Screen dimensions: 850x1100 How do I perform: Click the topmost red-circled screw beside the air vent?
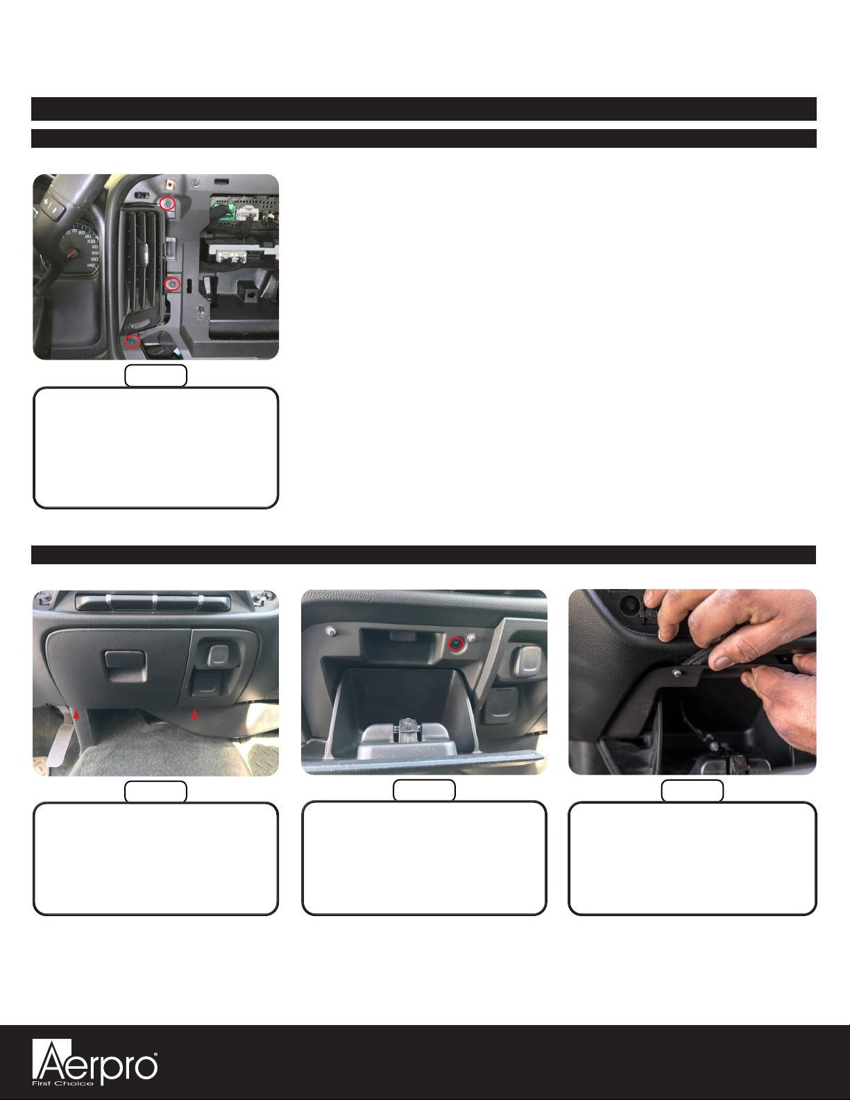167,203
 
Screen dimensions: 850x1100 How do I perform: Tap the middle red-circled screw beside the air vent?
173,284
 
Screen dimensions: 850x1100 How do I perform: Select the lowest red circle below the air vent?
133,341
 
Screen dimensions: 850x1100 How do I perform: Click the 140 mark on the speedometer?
91,264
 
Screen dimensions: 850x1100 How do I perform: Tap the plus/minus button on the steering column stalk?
53,206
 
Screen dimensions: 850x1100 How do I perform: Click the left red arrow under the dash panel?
76,714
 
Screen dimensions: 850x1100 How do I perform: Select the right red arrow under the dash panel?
194,714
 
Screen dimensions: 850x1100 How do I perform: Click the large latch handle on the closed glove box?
126,667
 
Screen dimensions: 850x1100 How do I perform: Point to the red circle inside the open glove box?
456,644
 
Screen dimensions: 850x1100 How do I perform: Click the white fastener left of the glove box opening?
332,632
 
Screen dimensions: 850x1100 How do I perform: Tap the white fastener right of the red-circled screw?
472,638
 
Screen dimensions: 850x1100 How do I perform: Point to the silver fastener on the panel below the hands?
677,673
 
